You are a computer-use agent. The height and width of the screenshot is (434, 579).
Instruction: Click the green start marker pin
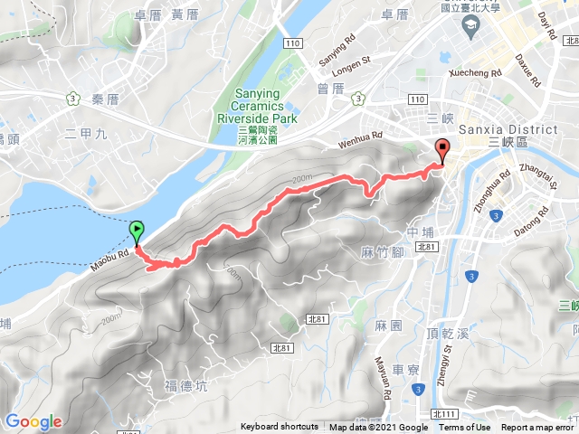coord(137,233)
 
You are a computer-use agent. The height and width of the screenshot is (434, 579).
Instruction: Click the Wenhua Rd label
coord(360,138)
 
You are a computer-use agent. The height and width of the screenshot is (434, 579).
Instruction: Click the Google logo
coord(33,421)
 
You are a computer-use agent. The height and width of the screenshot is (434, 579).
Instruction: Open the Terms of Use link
coord(465,428)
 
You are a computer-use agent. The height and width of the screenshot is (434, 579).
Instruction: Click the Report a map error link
coord(537,428)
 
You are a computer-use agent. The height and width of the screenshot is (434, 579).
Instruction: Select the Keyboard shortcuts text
coord(280,428)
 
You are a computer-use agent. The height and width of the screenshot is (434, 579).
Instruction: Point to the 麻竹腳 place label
coord(380,252)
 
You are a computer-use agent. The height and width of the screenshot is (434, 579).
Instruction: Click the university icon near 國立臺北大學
coord(471,29)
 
